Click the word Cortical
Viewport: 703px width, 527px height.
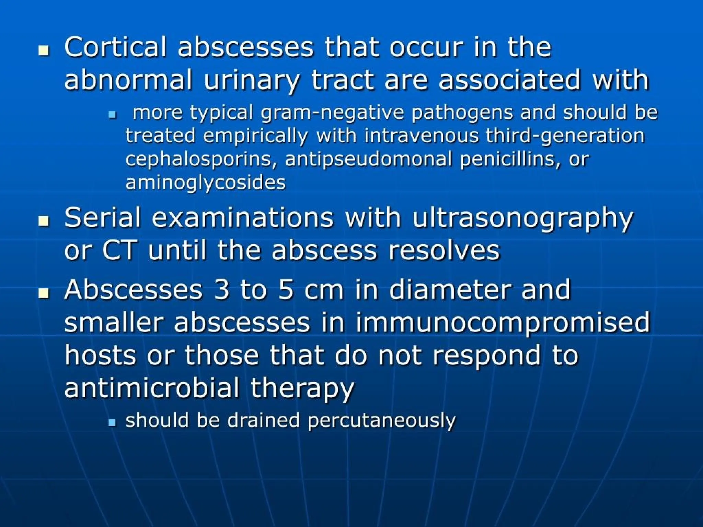pos(115,47)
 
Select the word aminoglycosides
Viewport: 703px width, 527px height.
pos(205,182)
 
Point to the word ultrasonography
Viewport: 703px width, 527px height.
pos(522,218)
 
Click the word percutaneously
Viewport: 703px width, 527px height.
pos(381,420)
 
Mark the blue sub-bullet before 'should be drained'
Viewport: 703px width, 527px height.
pos(112,423)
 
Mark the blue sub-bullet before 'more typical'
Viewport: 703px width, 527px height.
pos(112,116)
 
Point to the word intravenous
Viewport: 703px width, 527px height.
pos(421,136)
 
